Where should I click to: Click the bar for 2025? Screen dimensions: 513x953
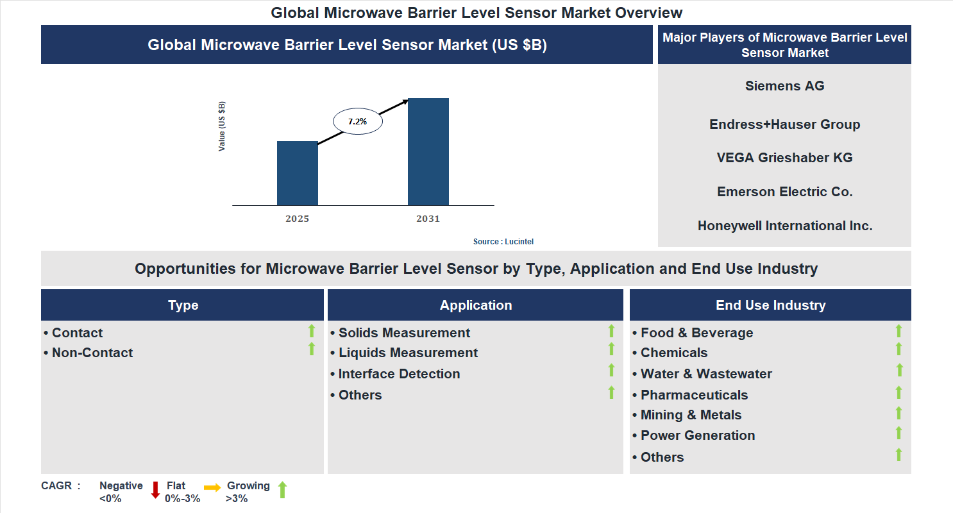coord(297,173)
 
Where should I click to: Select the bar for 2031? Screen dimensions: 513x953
coord(428,152)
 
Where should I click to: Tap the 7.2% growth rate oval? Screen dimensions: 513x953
coord(357,121)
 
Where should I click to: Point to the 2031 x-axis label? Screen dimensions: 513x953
coord(428,219)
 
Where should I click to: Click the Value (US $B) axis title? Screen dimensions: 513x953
coord(222,126)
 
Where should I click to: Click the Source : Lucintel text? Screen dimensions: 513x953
coord(503,242)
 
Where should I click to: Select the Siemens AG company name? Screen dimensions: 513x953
coord(784,86)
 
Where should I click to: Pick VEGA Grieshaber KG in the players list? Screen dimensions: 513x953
coord(784,158)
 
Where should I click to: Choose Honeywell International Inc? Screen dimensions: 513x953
coord(784,226)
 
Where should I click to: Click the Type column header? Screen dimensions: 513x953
coord(183,305)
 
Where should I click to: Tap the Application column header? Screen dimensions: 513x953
coord(475,305)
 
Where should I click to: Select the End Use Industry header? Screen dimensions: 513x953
coord(770,305)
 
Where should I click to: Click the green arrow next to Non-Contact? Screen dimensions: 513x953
coord(312,349)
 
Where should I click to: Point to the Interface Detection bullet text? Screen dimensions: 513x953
coord(399,374)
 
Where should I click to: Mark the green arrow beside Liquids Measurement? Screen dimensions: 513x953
coord(611,349)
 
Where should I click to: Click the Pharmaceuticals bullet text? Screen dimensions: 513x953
coord(694,395)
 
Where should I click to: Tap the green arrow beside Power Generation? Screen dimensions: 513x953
coord(898,433)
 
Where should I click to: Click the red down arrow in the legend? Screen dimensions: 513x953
coord(155,491)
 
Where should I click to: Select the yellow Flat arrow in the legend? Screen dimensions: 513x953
coord(212,488)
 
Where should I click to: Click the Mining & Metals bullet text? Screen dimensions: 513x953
coord(691,415)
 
